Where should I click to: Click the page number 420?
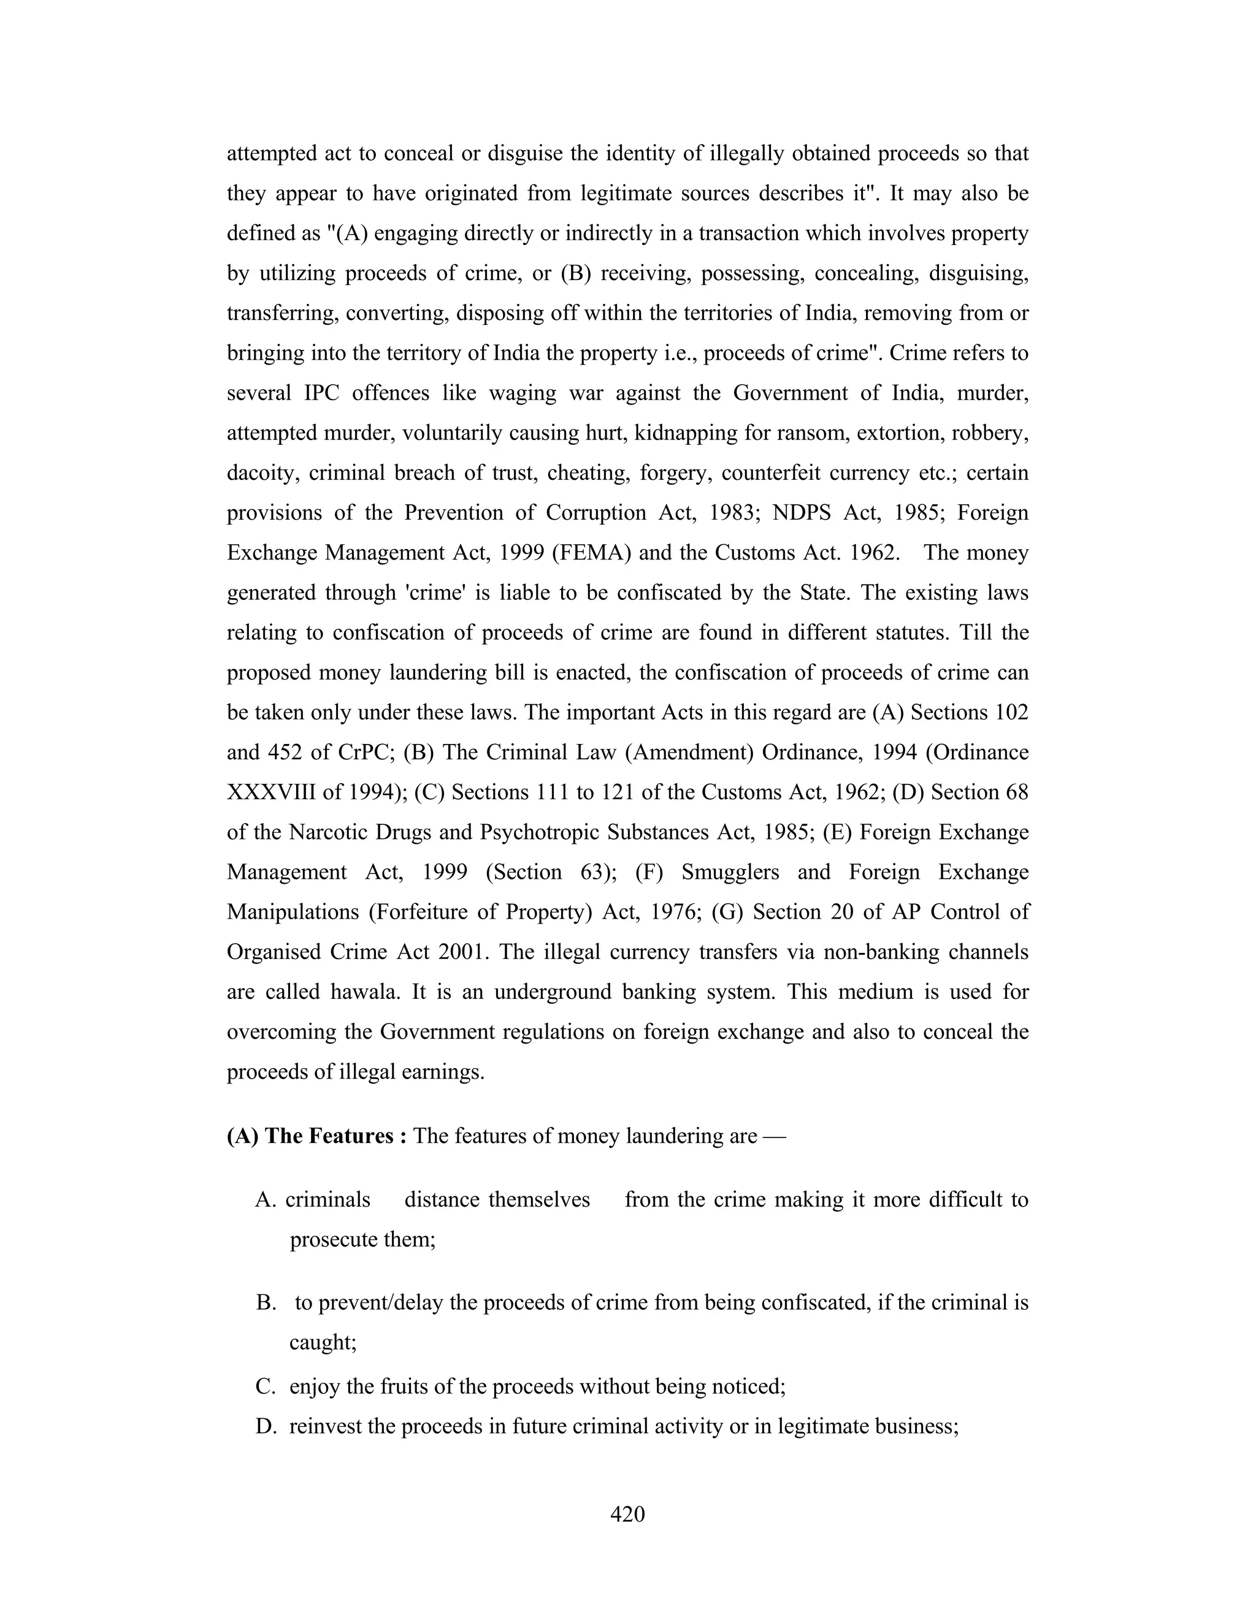point(627,1514)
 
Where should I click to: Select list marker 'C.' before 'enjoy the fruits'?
point(266,1387)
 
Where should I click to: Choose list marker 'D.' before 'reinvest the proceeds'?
point(266,1426)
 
